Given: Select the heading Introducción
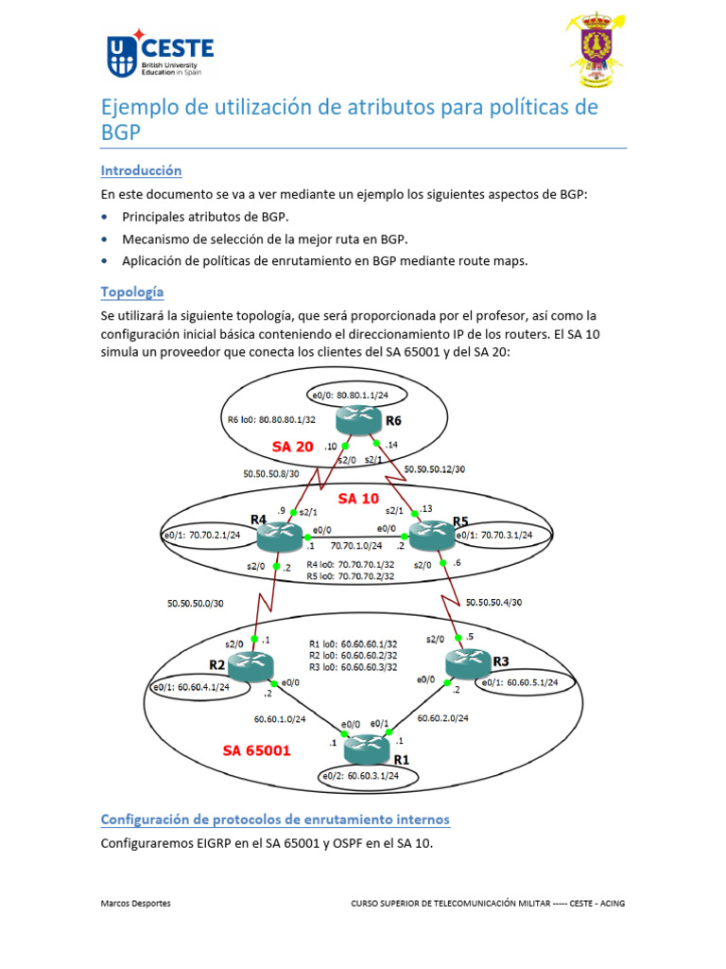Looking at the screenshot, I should point(141,170).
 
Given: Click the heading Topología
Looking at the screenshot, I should point(132,291).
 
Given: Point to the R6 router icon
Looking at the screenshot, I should point(361,419).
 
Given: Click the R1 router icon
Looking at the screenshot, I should point(367,749).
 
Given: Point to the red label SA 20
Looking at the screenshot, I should point(293,446).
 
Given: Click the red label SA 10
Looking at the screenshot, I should point(358,499).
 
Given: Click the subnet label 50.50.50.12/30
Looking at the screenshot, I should point(435,468).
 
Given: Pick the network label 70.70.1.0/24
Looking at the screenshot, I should point(355,546).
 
